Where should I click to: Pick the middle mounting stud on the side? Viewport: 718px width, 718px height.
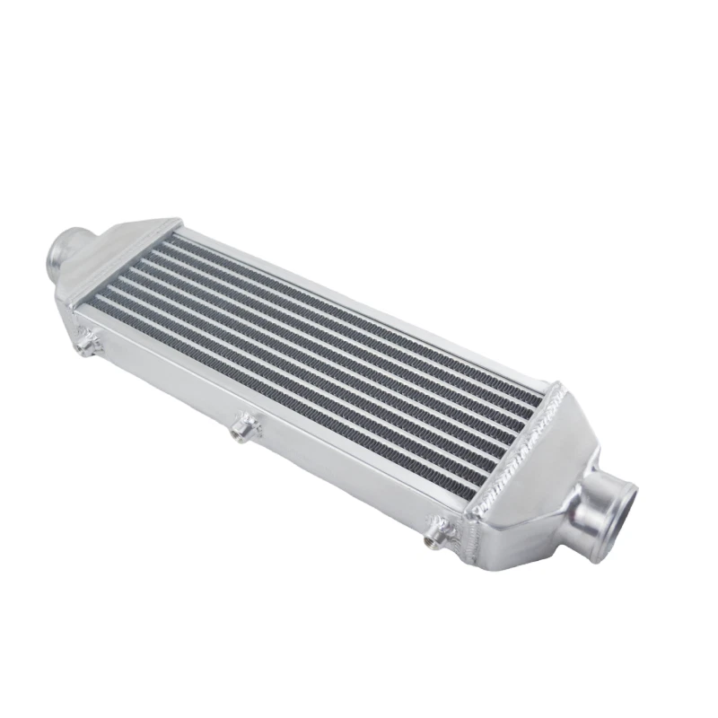click(240, 432)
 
